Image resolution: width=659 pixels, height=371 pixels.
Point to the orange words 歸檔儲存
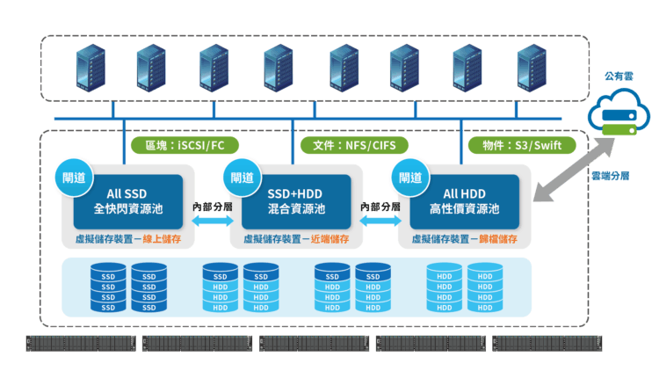tap(499, 239)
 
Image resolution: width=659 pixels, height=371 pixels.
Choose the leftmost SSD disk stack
tap(109, 287)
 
